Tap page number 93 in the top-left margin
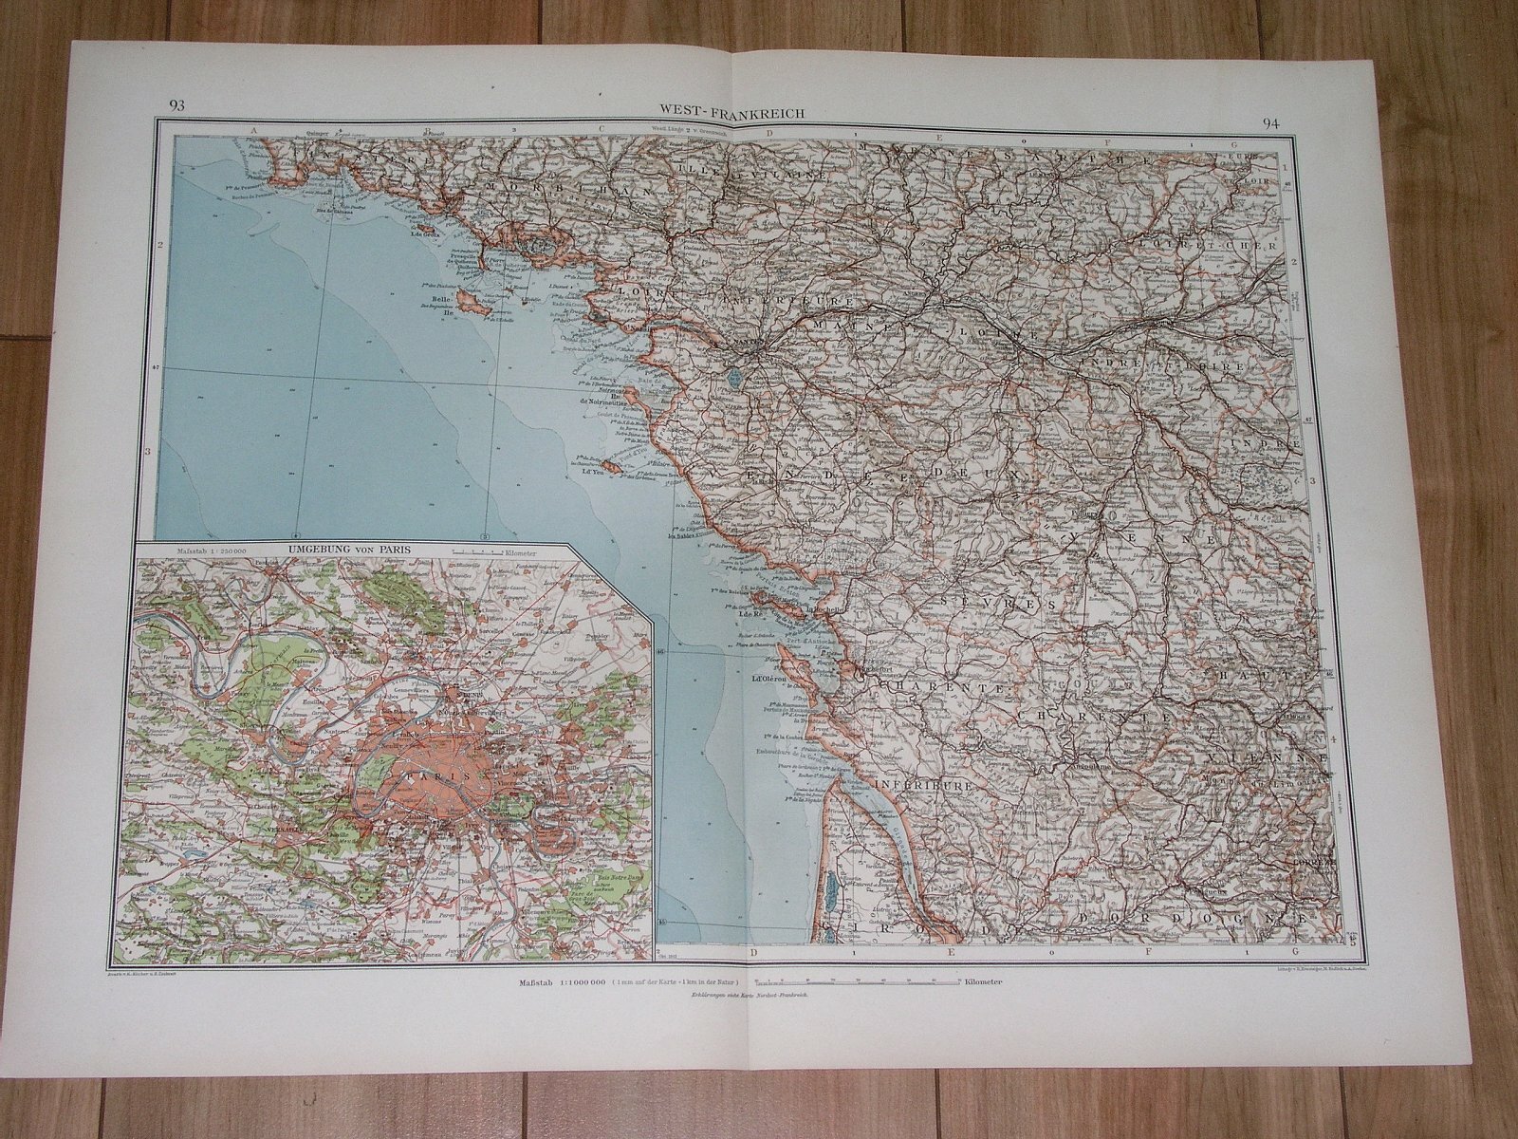coord(176,105)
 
